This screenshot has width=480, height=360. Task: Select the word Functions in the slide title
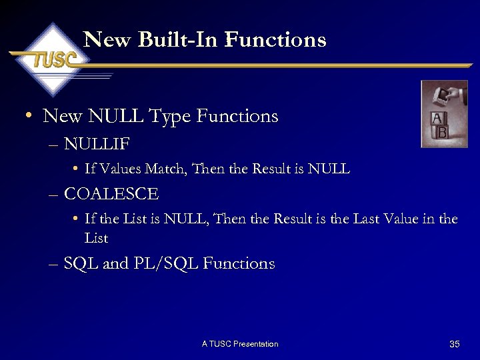click(276, 40)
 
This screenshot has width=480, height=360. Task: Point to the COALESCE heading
click(111, 195)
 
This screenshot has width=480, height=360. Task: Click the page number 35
click(455, 344)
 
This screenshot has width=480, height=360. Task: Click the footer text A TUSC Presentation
click(240, 344)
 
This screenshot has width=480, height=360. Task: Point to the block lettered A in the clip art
click(437, 119)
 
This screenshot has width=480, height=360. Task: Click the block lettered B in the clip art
click(441, 133)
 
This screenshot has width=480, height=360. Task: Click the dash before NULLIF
click(54, 145)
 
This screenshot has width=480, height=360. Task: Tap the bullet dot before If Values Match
click(77, 169)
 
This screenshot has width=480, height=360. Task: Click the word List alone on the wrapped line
click(96, 238)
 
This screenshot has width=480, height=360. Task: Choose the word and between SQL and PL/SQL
click(115, 264)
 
